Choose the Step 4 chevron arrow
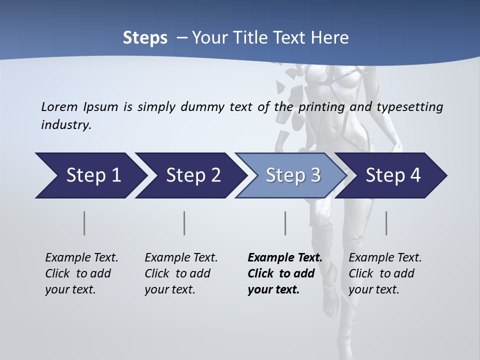tap(393, 175)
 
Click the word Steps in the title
tap(145, 38)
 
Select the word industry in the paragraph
tap(65, 124)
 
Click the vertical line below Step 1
tap(84, 223)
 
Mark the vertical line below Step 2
tap(184, 223)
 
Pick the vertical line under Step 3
tap(285, 223)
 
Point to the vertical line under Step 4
tap(386, 223)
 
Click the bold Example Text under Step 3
tap(284, 273)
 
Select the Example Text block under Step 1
tap(81, 273)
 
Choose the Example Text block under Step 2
tap(181, 273)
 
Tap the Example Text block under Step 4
tap(385, 273)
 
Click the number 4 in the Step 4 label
tap(415, 175)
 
